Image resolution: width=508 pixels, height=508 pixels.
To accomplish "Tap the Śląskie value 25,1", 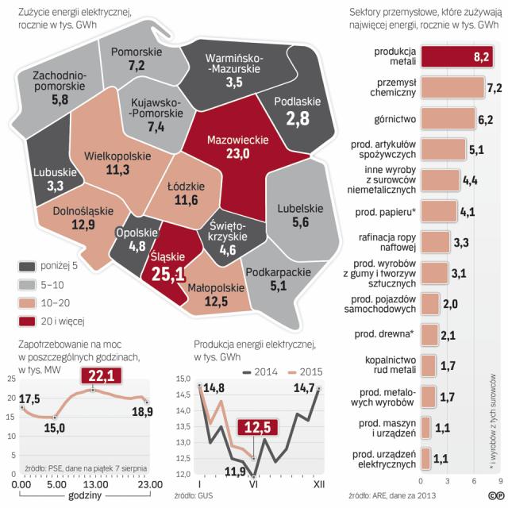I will point(167,274).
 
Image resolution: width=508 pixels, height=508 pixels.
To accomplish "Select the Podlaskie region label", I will point(298,102).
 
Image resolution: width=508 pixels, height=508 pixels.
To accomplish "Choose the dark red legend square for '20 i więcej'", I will point(28,321).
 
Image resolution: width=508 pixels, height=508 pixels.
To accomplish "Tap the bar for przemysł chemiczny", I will point(452,87).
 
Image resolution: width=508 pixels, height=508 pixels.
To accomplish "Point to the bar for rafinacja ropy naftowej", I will point(435,241).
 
